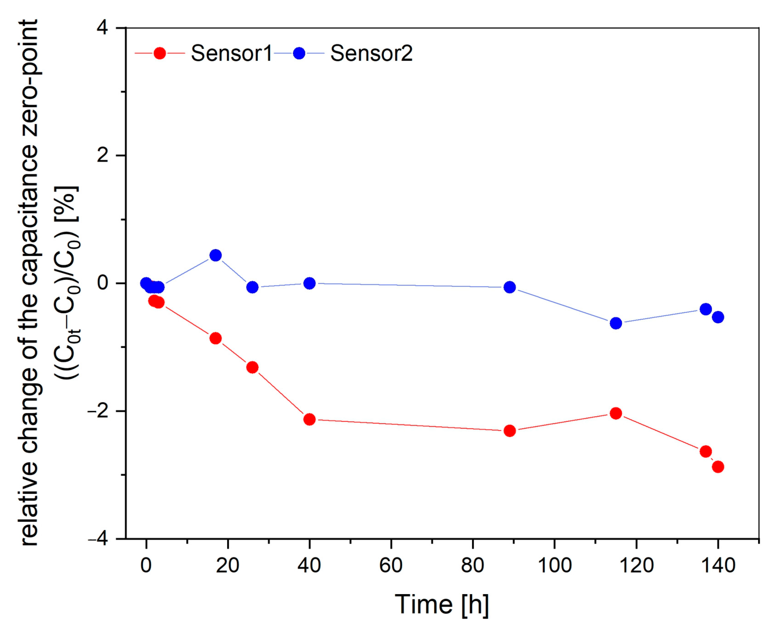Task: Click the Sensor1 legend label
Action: (x=231, y=54)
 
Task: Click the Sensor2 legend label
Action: (x=371, y=54)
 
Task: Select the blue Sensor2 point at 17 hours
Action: (x=215, y=255)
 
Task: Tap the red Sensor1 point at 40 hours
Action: (x=309, y=420)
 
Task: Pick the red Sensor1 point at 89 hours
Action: (x=510, y=431)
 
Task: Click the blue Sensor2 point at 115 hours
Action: (x=616, y=323)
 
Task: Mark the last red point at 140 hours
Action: (x=718, y=467)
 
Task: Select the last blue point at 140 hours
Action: (x=718, y=317)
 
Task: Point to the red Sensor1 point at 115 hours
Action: (x=616, y=413)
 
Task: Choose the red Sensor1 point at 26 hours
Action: (x=252, y=368)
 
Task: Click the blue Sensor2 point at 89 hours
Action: (x=510, y=287)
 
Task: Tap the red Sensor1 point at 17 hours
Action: (x=215, y=338)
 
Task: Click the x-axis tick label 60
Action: (x=391, y=566)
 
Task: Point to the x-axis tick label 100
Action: (x=554, y=566)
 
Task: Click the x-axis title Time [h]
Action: (x=441, y=604)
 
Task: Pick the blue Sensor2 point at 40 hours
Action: (x=309, y=283)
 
